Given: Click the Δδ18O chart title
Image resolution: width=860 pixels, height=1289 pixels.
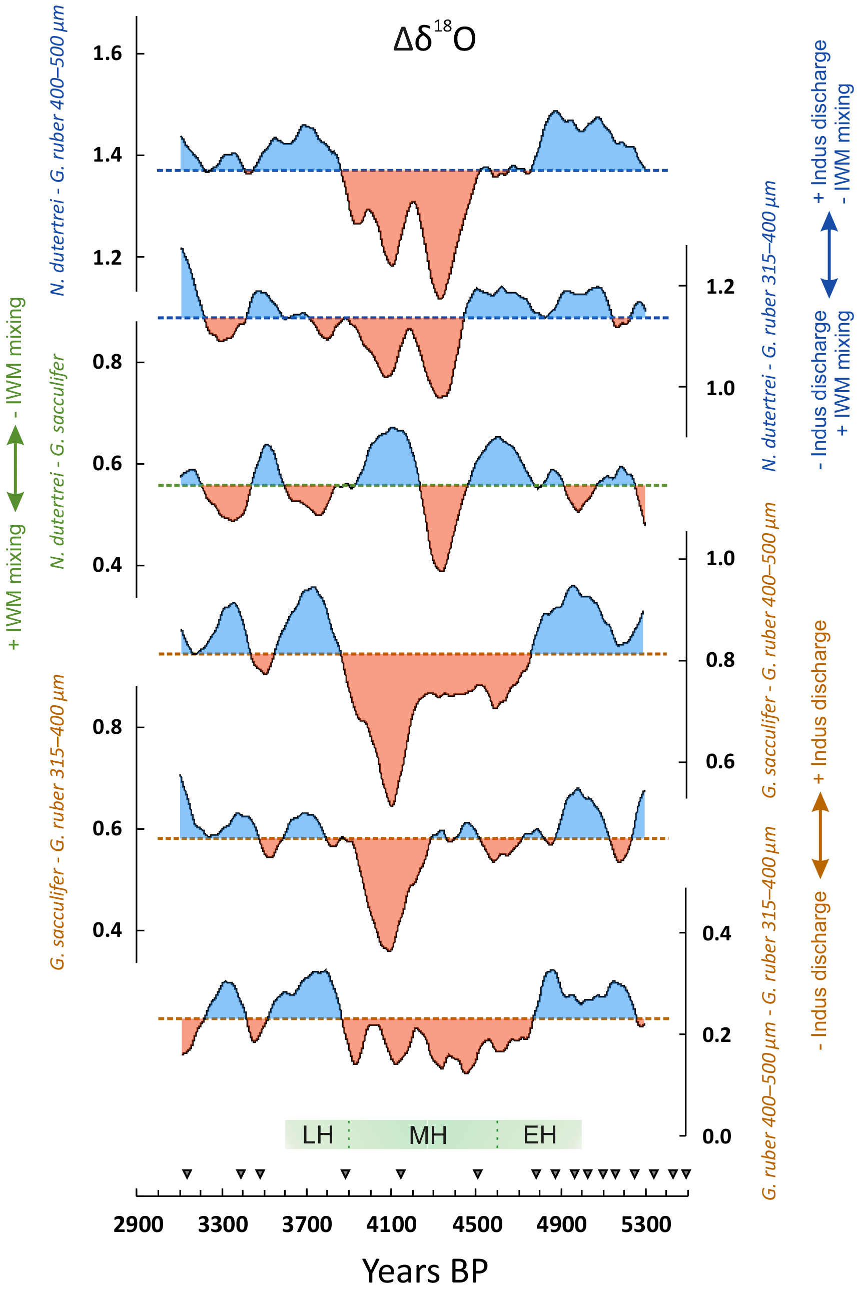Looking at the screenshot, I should [x=434, y=39].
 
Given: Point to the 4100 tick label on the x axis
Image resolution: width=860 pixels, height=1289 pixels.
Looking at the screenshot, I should [x=392, y=1224].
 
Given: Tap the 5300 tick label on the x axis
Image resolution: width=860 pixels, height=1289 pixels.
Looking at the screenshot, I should [x=646, y=1224].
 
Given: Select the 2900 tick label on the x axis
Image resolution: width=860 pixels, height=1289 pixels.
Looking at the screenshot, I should [x=138, y=1224].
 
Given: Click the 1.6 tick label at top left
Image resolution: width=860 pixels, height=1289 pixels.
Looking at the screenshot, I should [x=107, y=54].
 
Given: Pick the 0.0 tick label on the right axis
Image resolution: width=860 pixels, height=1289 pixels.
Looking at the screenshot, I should [x=716, y=1136].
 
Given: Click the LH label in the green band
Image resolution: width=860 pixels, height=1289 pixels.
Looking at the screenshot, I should [x=318, y=1135].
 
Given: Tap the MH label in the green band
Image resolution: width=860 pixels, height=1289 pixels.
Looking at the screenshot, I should [x=428, y=1135].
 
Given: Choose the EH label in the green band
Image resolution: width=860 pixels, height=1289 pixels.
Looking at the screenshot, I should [x=540, y=1135].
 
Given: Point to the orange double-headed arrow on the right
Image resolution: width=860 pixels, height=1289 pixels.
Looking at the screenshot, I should [x=820, y=836].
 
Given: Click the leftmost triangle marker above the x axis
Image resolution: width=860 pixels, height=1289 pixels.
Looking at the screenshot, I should [x=187, y=1174].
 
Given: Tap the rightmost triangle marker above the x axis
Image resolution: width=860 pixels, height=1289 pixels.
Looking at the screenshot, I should [x=685, y=1174].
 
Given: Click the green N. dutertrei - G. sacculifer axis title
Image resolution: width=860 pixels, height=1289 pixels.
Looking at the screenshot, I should [x=58, y=461].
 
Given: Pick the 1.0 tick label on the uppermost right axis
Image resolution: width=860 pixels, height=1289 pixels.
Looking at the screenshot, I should [x=719, y=388].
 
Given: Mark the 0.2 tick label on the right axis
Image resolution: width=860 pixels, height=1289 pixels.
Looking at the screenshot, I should [x=716, y=1035].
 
